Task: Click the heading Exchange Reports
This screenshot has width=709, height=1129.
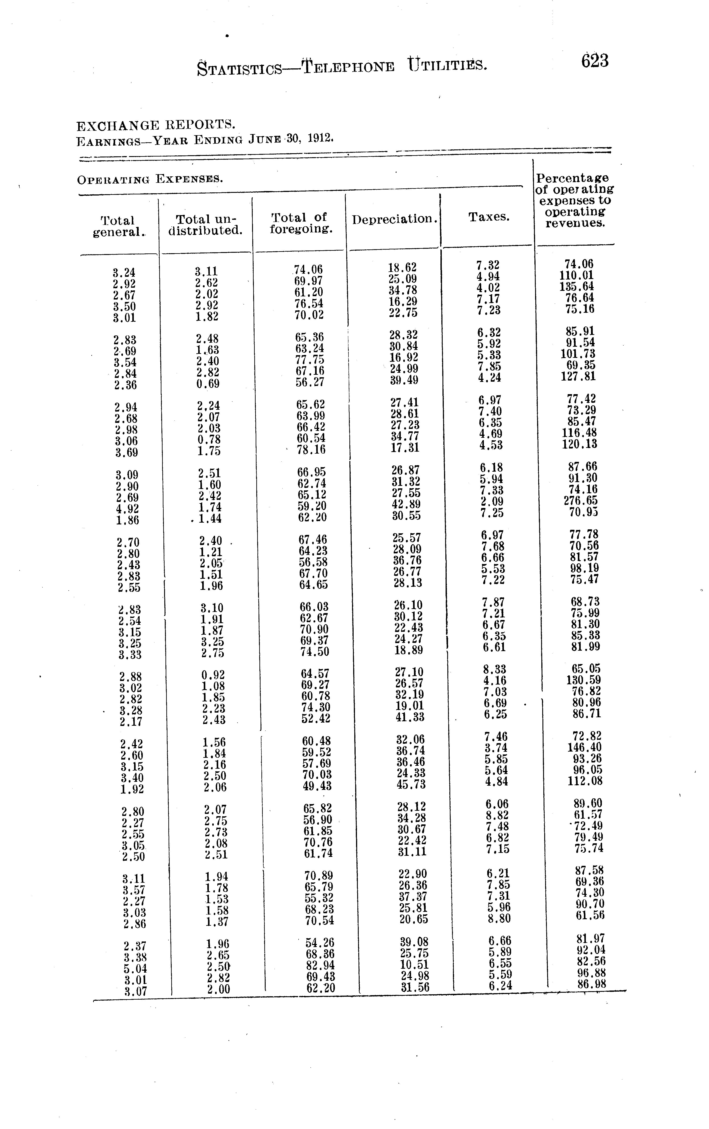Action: click(x=155, y=125)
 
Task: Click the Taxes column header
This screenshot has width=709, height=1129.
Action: click(x=489, y=217)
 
